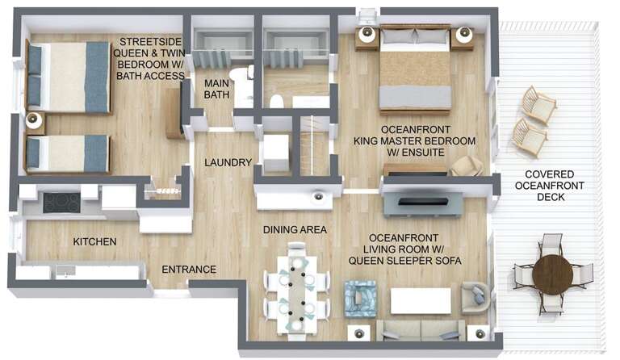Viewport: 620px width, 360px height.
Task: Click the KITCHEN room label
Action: point(94,241)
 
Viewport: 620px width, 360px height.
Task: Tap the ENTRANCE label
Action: point(189,269)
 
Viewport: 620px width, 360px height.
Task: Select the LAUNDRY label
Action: point(228,162)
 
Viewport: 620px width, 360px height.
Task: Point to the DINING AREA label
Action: point(295,230)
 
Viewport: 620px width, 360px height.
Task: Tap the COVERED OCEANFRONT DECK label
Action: point(550,186)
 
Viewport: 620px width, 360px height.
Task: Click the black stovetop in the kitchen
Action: point(61,202)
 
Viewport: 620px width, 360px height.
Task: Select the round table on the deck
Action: point(553,274)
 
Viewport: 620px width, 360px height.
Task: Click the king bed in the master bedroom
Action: point(414,69)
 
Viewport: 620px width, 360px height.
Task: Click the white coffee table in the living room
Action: point(421,300)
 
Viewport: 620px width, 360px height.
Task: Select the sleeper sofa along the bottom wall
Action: point(420,329)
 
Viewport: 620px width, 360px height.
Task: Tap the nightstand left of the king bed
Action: point(367,36)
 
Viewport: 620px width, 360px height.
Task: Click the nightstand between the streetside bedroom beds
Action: point(34,121)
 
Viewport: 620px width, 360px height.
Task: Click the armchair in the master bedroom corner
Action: point(466,166)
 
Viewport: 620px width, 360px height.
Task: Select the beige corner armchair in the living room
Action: point(474,299)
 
